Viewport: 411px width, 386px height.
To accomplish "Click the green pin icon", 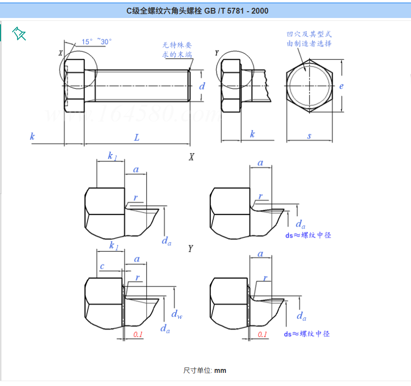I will coord(19,34).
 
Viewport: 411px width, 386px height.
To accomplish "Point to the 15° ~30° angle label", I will coord(97,42).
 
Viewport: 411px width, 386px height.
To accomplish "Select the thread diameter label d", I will coord(202,86).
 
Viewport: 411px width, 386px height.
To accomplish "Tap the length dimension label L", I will coord(137,138).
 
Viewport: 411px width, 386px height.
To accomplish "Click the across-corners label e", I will coord(342,86).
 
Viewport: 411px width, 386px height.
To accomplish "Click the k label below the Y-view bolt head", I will coord(252,134).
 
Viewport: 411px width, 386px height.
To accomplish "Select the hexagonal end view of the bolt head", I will coord(309,86).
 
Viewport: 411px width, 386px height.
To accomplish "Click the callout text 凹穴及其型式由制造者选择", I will coord(309,38).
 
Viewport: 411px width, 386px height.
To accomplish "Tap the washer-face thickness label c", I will coord(102,266).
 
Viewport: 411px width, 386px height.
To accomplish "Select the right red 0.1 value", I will coord(262,334).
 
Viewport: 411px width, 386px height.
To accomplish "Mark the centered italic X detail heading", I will coord(191,157).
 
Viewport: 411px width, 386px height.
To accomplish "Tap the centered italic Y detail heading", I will coord(191,249).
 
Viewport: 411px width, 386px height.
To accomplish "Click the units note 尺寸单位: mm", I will coord(205,370).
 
